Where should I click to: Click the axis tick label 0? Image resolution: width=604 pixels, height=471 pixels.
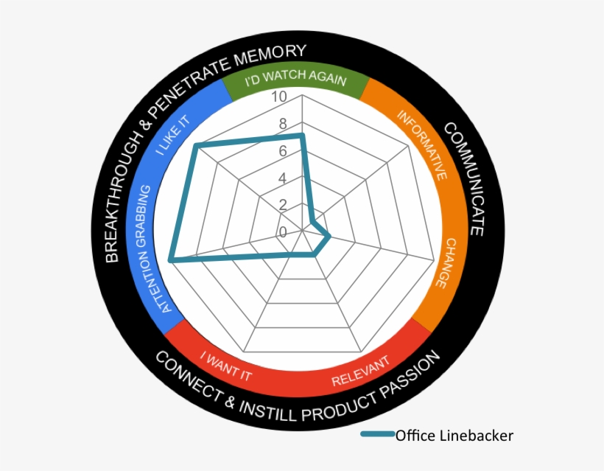283,232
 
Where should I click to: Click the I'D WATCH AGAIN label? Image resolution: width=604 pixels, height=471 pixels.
295,77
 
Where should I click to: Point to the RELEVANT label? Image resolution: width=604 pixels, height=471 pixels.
361,375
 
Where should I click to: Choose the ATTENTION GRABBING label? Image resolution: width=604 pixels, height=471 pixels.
157,248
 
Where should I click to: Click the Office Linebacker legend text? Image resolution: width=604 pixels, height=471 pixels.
454,435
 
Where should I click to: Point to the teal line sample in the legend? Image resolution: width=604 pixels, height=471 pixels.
377,435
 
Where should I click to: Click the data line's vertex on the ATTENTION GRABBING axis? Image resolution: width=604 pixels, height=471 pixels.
171,259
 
